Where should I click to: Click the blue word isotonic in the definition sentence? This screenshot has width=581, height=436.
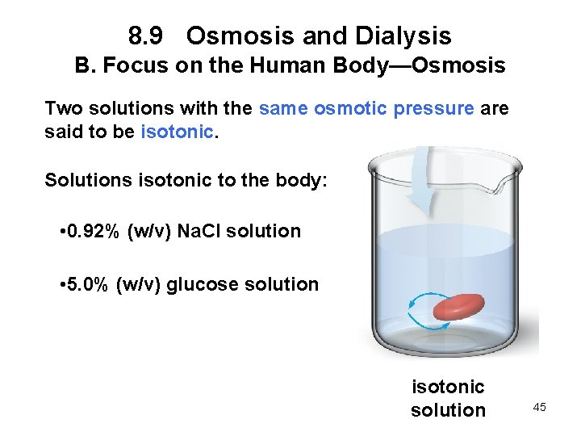[177, 132]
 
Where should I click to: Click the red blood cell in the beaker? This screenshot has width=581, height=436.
[459, 308]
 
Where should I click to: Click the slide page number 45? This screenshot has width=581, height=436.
[539, 407]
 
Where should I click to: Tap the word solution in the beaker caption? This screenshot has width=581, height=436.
[448, 410]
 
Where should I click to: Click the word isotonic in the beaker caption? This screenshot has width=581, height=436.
[448, 388]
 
